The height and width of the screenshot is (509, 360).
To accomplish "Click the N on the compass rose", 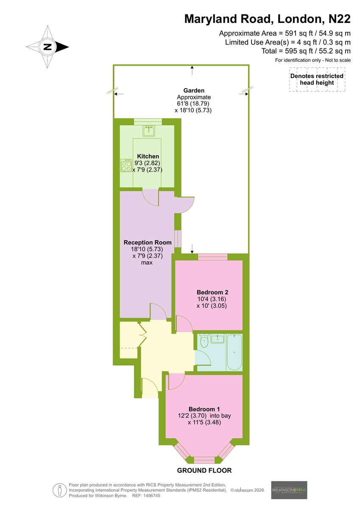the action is tap(47, 47).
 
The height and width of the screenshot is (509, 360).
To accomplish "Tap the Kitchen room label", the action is tap(148, 157).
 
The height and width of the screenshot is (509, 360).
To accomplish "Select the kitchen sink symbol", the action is tap(149, 131).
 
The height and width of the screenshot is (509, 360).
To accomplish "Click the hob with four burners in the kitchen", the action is tap(126, 165).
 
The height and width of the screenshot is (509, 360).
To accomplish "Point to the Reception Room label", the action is tap(148, 243).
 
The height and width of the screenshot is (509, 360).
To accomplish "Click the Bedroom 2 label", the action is tap(212, 292).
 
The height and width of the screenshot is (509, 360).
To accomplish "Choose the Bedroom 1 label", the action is tap(204, 409).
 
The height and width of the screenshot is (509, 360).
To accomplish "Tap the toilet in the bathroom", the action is tap(204, 341).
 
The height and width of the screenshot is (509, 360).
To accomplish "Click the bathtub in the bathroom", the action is tap(234, 352).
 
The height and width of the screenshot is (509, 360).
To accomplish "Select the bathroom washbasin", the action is tap(218, 338).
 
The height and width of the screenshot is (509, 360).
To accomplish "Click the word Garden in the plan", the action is tap(194, 90).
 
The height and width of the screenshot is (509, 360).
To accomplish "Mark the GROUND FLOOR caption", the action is tap(204, 470).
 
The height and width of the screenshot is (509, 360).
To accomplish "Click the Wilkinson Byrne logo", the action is tap(289, 490).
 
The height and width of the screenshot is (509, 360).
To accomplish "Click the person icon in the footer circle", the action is tap(59, 490).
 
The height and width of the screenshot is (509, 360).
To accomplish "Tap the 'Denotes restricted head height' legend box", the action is tap(317, 80).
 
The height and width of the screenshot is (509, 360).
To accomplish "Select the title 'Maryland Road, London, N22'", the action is tap(267, 19).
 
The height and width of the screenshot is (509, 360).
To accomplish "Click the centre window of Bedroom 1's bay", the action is tap(204, 460).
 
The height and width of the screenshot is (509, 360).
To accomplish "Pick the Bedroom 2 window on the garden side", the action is tap(212, 257).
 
